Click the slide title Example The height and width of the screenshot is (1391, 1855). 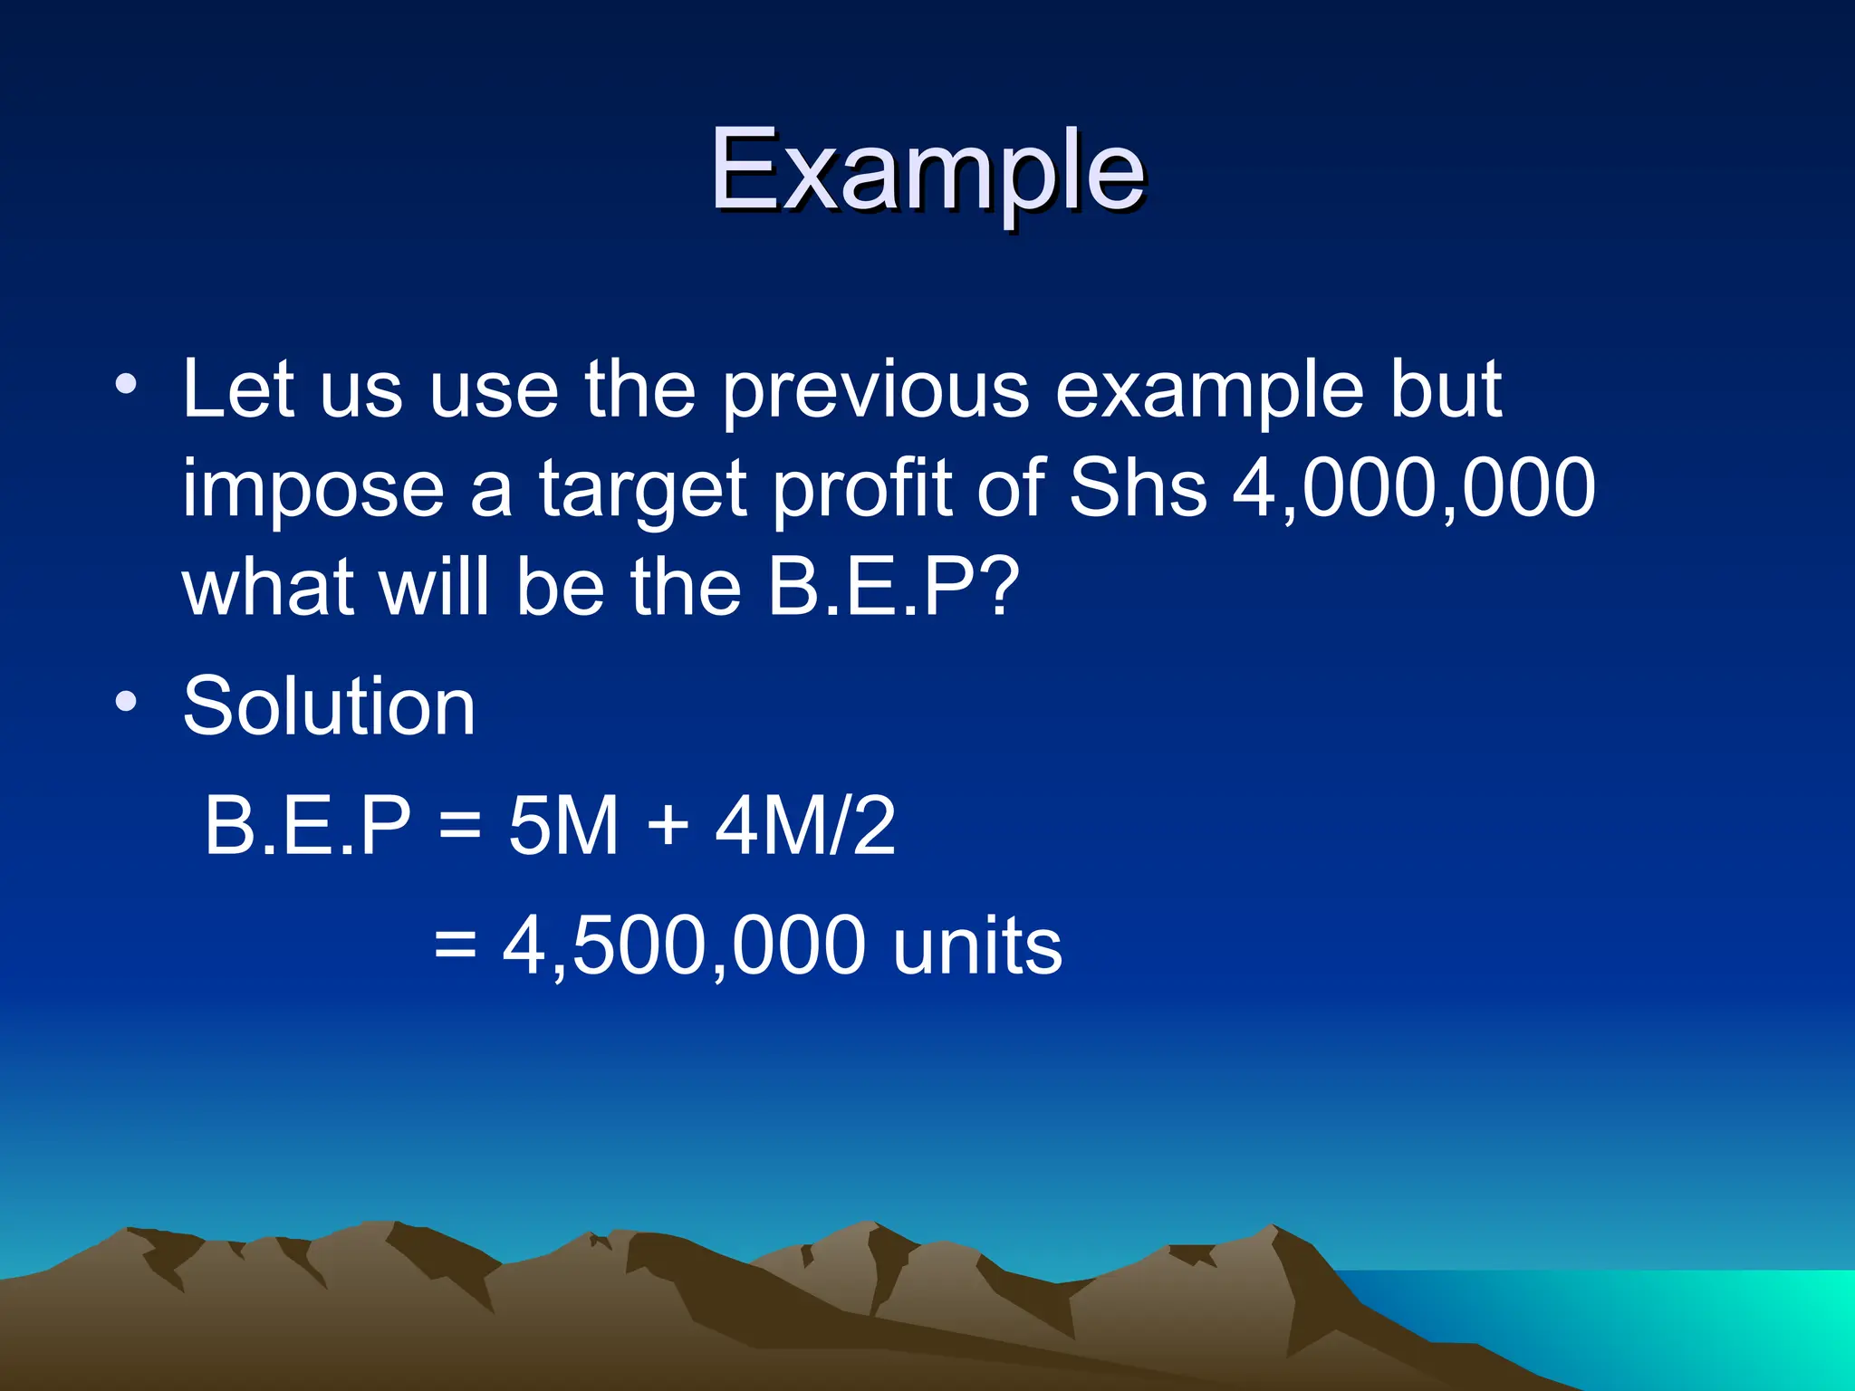927,172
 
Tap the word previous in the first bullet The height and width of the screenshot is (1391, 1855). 875,391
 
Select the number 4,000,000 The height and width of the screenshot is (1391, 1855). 1414,489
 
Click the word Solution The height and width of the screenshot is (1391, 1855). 329,706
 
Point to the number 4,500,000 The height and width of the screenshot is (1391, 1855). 684,946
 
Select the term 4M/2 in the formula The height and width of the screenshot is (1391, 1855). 805,826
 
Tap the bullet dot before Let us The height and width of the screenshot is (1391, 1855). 126,384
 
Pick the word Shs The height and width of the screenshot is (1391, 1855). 1139,489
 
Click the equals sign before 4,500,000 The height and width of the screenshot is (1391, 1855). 455,946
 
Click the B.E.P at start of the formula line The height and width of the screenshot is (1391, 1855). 307,826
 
